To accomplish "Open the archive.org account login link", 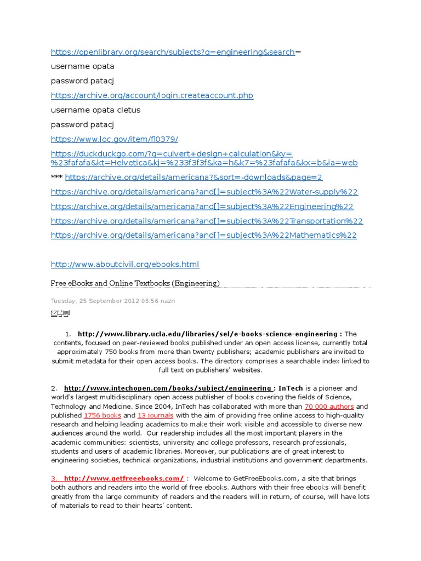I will [152, 95].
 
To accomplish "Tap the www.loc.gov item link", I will [114, 139].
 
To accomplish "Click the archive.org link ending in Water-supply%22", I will [204, 192].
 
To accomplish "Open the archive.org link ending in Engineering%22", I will [202, 207].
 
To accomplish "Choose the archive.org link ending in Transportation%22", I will [207, 221].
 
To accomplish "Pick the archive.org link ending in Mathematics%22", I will [204, 236].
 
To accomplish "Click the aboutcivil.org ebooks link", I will [125, 265].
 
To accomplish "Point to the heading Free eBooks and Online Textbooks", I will [135, 283].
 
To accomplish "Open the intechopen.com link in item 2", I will [168, 388].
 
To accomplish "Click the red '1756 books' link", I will [103, 415].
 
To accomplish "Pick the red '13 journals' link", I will [155, 415].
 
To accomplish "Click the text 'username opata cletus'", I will [95, 110].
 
